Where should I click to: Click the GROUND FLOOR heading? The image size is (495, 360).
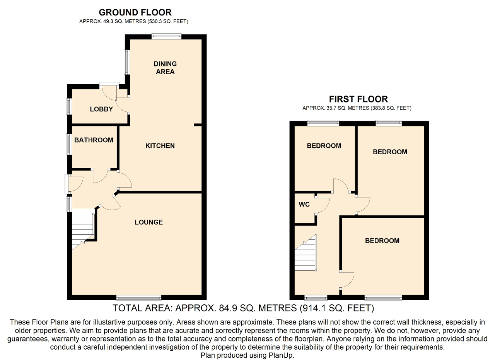(135, 12)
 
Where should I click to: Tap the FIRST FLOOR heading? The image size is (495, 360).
(358, 99)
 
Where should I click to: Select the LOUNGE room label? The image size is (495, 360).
(148, 222)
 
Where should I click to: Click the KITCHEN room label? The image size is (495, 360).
(160, 146)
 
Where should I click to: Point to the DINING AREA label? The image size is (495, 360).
(165, 68)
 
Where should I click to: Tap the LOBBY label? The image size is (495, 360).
(101, 109)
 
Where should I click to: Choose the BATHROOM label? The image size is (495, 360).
(94, 140)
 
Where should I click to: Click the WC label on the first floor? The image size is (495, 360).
(304, 205)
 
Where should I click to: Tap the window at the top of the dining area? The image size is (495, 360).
(166, 36)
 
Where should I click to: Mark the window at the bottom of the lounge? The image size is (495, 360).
(139, 298)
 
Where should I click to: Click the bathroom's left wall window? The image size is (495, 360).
(69, 144)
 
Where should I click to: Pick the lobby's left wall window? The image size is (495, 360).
(69, 106)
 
